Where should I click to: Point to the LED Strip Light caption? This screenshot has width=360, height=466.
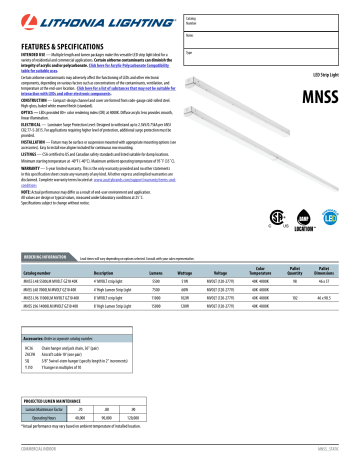click(329, 48)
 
